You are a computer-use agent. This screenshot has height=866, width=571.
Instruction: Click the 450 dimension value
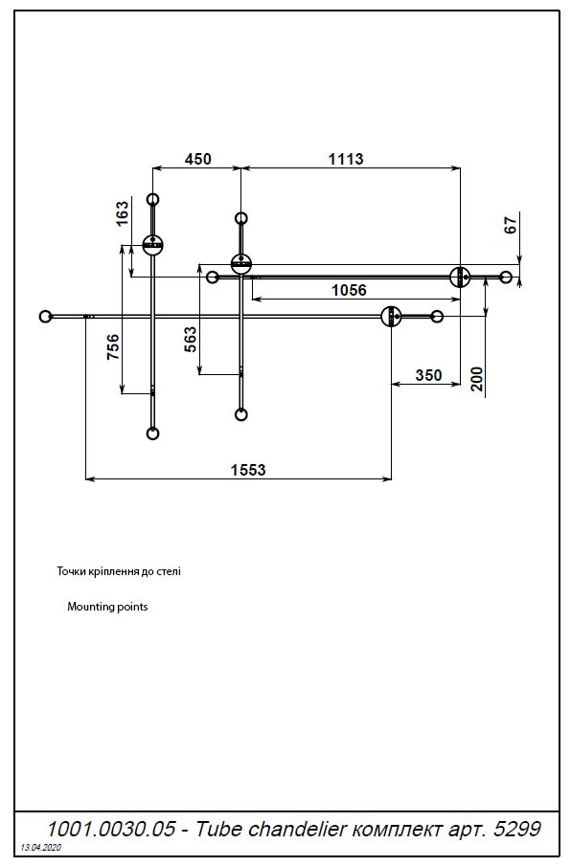(196, 159)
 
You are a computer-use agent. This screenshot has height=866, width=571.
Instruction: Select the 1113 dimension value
(345, 159)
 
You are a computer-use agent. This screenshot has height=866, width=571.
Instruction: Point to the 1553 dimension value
(247, 469)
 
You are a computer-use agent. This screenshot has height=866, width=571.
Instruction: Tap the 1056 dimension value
(349, 290)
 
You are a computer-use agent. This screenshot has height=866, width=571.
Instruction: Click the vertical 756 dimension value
(113, 347)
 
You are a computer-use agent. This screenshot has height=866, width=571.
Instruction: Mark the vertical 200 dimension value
(477, 379)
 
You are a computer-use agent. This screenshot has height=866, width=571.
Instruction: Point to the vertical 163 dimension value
(122, 212)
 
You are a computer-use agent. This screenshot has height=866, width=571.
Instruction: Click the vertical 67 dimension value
(510, 226)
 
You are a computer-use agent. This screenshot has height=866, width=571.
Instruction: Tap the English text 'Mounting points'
(107, 607)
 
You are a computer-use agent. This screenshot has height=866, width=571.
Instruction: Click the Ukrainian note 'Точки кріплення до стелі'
(119, 571)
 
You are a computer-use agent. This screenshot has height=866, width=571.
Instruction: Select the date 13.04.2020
(40, 849)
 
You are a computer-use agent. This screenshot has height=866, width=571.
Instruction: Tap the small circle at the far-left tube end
(45, 316)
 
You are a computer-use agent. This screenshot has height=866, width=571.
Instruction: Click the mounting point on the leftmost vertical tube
(152, 245)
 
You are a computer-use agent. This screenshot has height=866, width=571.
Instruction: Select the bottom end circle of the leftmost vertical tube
(152, 433)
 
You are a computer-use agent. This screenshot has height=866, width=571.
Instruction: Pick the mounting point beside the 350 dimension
(390, 316)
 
